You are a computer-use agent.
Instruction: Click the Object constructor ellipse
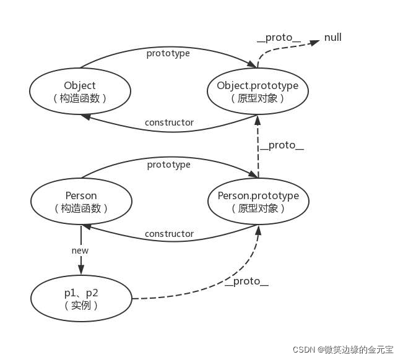pos(80,91)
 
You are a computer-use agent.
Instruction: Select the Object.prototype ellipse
pos(258,91)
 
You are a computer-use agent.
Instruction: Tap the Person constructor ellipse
pos(80,202)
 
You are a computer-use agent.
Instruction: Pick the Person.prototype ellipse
pos(258,202)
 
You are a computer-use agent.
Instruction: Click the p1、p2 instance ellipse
pos(81,299)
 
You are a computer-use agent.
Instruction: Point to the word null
pos(333,38)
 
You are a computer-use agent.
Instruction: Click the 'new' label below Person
pos(80,251)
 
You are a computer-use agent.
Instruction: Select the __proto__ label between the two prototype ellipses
pos(282,146)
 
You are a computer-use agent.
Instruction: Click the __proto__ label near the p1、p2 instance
pos(246,282)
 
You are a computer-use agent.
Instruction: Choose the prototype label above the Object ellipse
pos(168,53)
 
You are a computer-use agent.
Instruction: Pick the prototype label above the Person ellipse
pos(168,165)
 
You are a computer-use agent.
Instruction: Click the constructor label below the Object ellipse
pos(169,122)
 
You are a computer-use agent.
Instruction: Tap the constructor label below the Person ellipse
pos(169,234)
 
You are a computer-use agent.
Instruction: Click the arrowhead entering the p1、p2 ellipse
pos(80,270)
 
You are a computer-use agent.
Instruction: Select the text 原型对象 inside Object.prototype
pos(258,98)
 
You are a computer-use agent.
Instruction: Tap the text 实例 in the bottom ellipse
pos(81,305)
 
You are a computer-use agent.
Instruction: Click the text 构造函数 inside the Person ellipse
pos(80,208)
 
